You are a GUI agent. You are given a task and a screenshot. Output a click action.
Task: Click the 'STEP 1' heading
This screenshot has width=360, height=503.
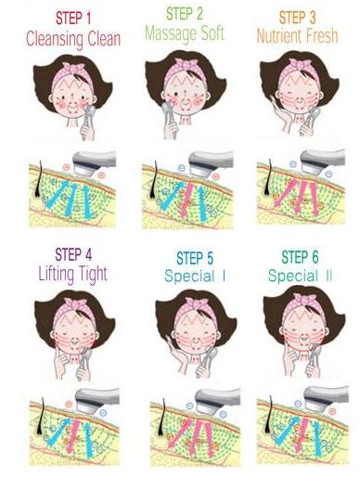pos(73,18)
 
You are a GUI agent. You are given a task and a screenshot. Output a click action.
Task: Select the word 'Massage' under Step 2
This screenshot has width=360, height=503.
pos(171,33)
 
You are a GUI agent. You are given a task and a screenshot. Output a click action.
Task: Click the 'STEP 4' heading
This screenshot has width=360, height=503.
pos(73,254)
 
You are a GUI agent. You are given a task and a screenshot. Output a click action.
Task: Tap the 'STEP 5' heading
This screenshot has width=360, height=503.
pos(195,259)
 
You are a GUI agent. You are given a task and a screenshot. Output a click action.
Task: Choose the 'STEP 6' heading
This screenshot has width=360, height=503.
pos(300,257)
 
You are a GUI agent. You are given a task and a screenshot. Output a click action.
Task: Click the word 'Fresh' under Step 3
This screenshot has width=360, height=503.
pos(320,36)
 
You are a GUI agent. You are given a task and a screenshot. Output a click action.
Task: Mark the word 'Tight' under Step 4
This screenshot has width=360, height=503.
pos(93,275)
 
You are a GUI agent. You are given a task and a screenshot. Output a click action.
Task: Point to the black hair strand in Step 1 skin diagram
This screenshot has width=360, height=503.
pos(39,179)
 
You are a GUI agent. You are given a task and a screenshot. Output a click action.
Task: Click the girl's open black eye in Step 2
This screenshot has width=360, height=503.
pos(177,94)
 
